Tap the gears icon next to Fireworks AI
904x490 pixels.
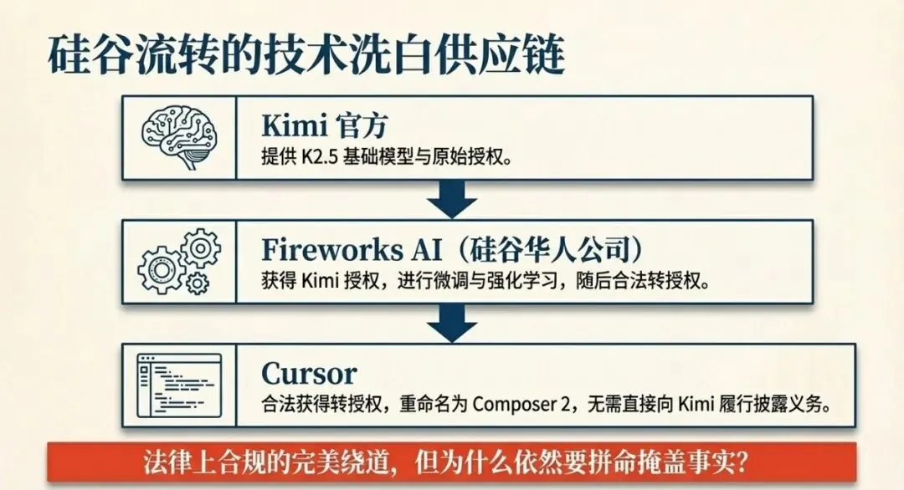(x=179, y=262)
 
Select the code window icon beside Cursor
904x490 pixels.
(x=179, y=385)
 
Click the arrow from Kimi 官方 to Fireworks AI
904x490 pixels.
(x=452, y=199)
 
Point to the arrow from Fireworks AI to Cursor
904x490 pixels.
(x=452, y=324)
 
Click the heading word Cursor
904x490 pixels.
(x=309, y=374)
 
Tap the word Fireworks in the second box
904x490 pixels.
(x=332, y=249)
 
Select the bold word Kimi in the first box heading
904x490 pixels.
(x=295, y=125)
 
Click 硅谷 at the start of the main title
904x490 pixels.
(x=90, y=54)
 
